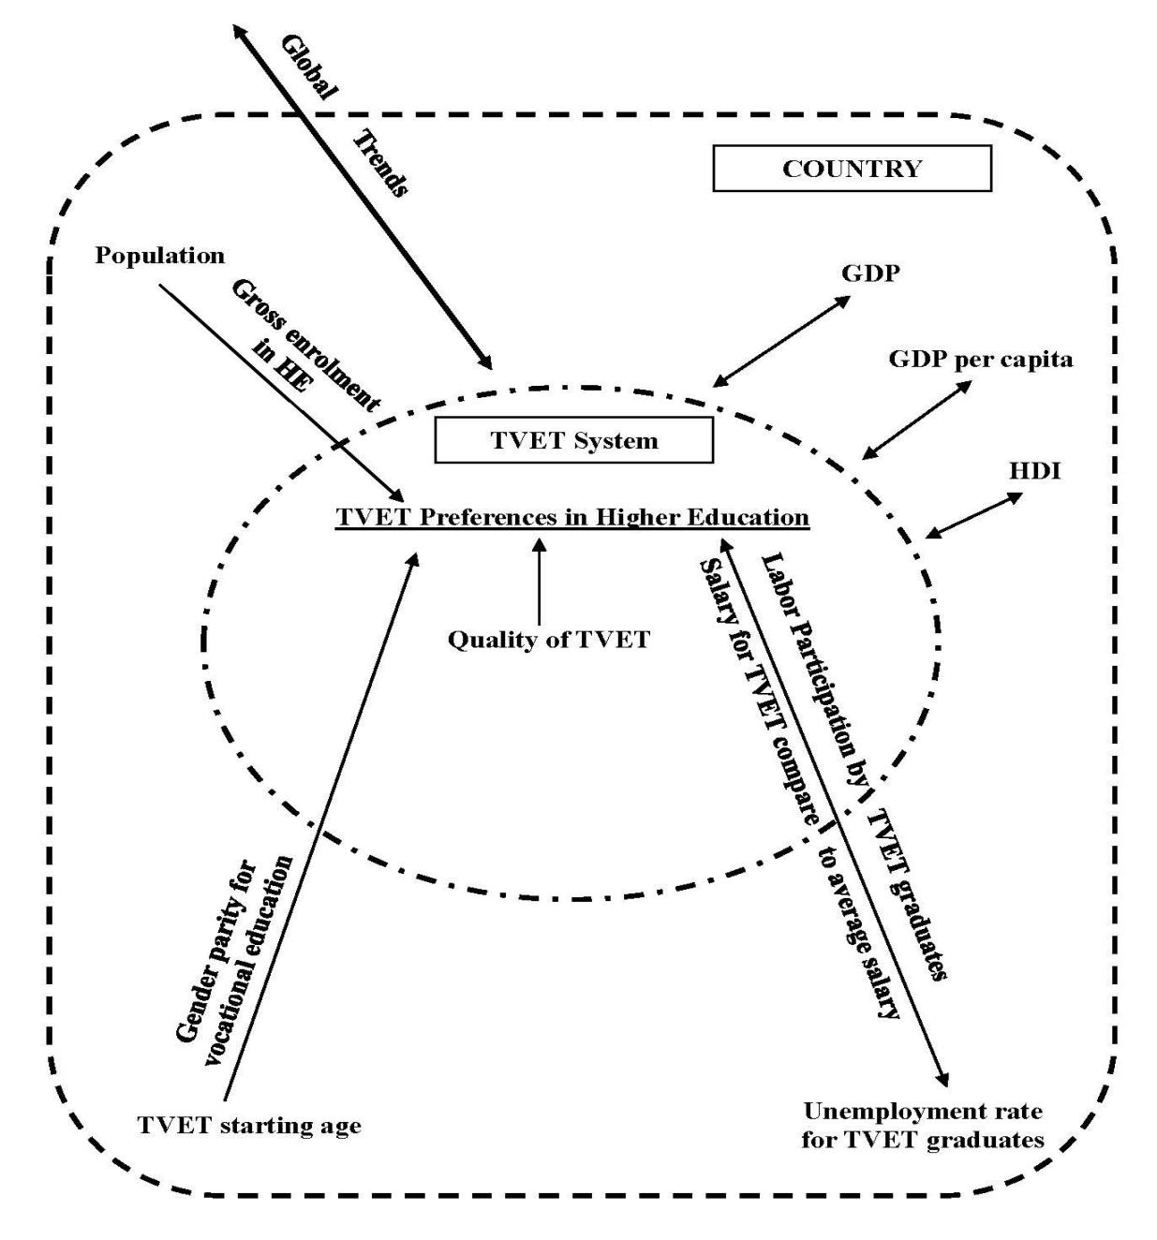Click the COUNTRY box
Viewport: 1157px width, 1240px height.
click(x=852, y=169)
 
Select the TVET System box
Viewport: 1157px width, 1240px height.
click(x=573, y=440)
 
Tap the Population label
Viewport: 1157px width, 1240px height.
click(x=160, y=256)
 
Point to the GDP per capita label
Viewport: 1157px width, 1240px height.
click(x=980, y=359)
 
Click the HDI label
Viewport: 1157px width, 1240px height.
click(x=1034, y=471)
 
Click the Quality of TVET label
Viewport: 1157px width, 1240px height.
click(x=548, y=641)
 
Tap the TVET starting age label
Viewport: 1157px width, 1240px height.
click(x=249, y=1126)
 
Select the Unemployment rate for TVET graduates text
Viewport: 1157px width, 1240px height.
click(x=923, y=1126)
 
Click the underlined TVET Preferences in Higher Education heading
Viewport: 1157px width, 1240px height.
click(x=572, y=517)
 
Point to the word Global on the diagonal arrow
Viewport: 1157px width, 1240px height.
click(x=309, y=67)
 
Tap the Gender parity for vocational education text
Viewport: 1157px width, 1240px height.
click(x=242, y=946)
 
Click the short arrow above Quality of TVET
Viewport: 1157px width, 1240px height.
click(x=539, y=581)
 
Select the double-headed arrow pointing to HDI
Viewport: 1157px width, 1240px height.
click(x=974, y=516)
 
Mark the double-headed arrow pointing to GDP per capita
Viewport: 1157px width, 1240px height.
click(x=916, y=420)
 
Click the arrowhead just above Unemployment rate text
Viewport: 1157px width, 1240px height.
click(x=942, y=1077)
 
